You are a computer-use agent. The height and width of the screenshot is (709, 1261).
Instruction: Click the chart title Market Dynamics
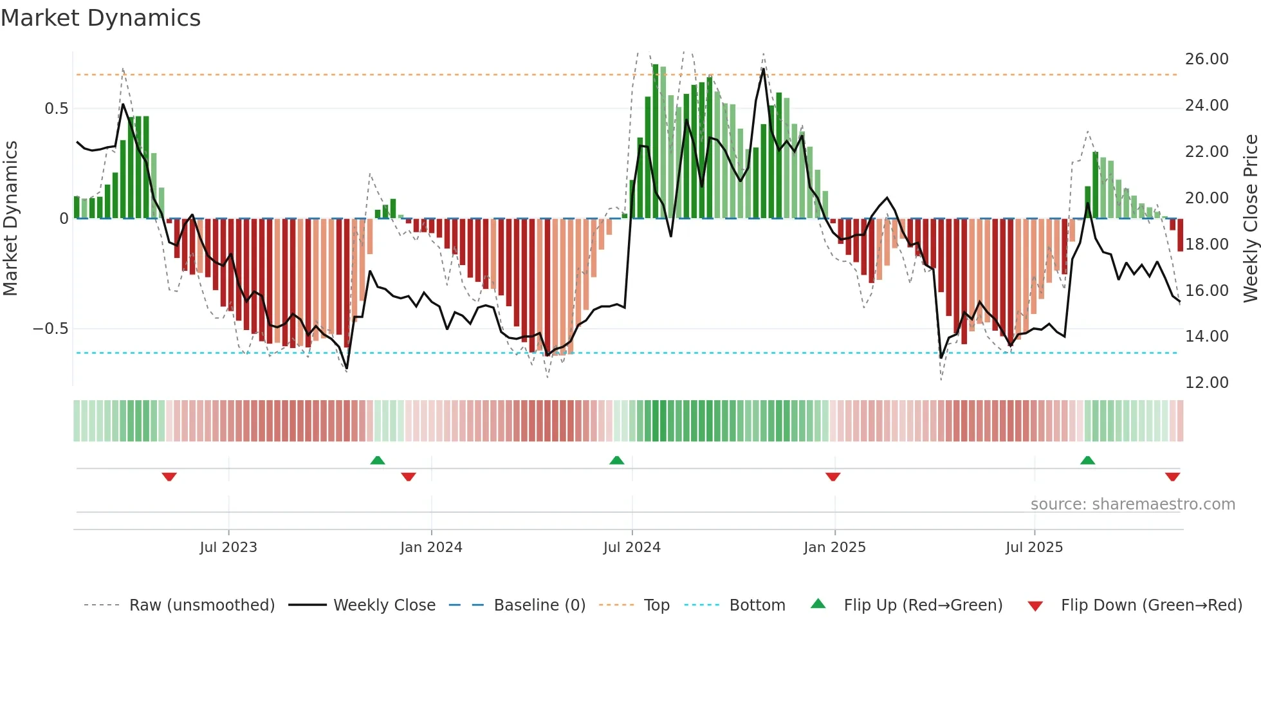[100, 18]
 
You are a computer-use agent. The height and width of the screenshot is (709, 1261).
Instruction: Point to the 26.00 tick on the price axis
[1206, 59]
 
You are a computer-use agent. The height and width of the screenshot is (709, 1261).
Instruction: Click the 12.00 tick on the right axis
[1206, 383]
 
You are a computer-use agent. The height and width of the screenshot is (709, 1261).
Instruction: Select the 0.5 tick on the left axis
[56, 109]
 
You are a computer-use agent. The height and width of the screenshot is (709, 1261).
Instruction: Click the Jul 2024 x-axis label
[631, 548]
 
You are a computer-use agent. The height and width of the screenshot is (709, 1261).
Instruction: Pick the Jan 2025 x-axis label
[834, 548]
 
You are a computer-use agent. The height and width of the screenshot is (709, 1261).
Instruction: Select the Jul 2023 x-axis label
[228, 548]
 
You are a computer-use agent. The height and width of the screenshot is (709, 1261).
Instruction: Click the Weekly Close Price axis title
[1250, 219]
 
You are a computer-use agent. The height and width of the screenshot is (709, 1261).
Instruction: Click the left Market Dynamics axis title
[10, 219]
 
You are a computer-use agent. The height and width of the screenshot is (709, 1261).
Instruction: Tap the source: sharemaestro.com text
[1132, 504]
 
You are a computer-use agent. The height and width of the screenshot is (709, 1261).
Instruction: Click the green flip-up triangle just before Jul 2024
[616, 460]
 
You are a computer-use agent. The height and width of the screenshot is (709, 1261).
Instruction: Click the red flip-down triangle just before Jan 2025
[833, 477]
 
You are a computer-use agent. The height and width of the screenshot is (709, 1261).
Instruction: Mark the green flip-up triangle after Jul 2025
[1087, 460]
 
